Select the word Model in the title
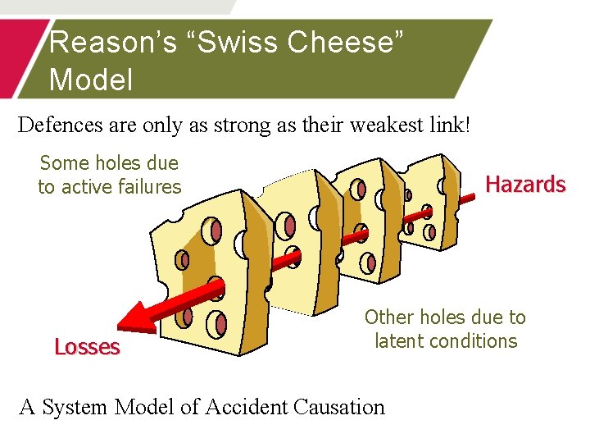[91, 80]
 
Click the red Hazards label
[525, 184]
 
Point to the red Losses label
[87, 347]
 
